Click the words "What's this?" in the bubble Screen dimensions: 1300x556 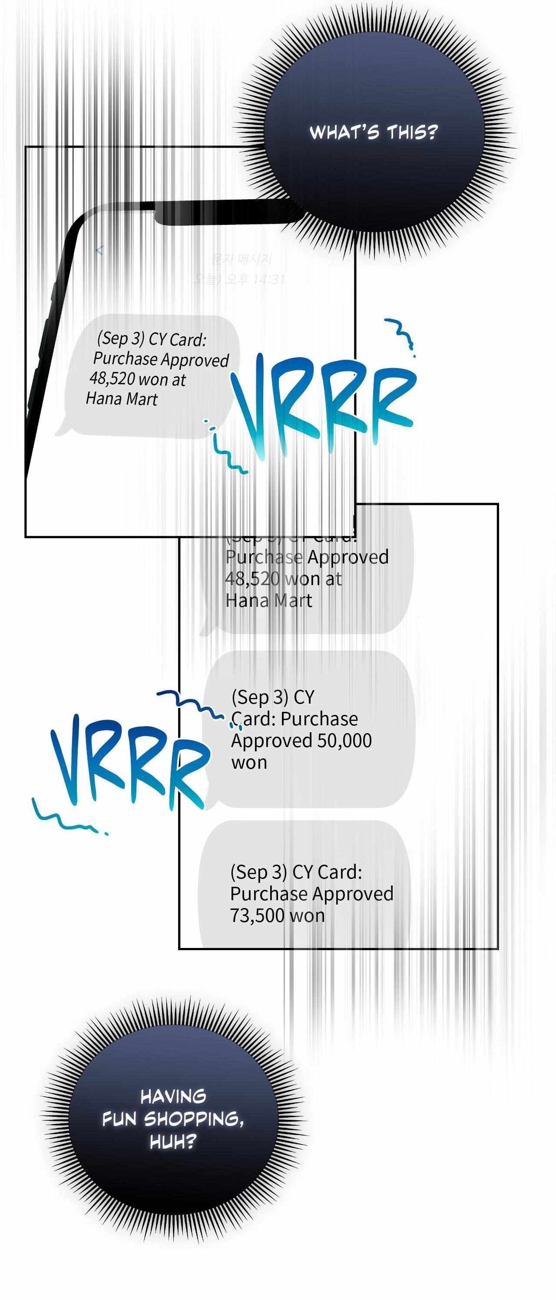click(x=373, y=133)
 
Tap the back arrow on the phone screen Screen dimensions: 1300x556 click(x=99, y=250)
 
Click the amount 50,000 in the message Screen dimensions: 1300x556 click(x=344, y=741)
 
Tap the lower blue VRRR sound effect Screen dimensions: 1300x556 click(x=129, y=762)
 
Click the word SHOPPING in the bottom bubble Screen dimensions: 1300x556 click(x=193, y=1119)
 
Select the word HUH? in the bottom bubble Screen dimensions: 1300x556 click(x=172, y=1142)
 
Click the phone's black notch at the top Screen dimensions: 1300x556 click(x=222, y=212)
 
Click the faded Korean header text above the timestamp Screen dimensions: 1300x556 click(x=241, y=260)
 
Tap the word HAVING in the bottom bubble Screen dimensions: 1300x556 click(x=173, y=1096)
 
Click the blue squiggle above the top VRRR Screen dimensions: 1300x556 click(x=401, y=333)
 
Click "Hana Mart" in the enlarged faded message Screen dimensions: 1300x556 click(x=268, y=601)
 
